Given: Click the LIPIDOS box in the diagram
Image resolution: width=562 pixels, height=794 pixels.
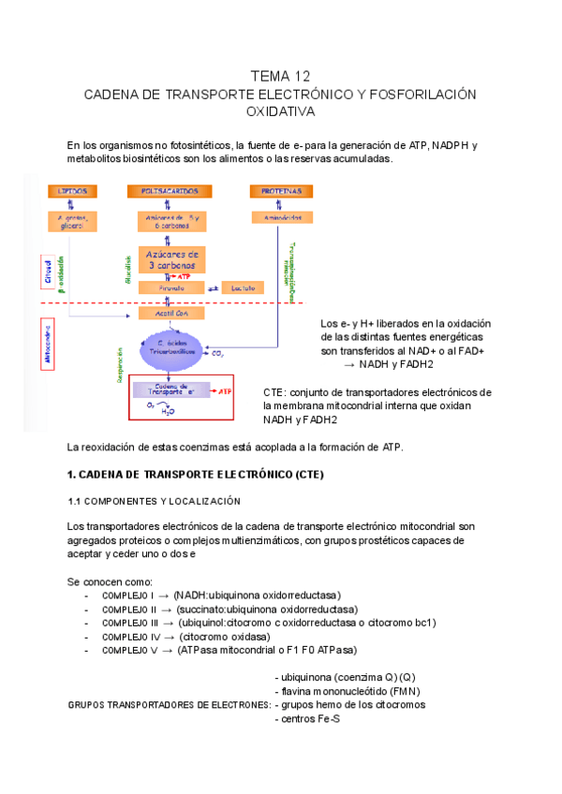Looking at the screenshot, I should [x=72, y=191].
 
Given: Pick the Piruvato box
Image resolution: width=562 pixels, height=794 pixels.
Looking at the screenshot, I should [x=170, y=288].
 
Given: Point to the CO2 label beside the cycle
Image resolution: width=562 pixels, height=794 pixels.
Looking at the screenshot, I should [x=217, y=354].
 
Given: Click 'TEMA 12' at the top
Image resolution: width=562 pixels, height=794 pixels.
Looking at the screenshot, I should [x=280, y=76].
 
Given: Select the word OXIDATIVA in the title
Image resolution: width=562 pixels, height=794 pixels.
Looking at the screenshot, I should [x=280, y=111].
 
